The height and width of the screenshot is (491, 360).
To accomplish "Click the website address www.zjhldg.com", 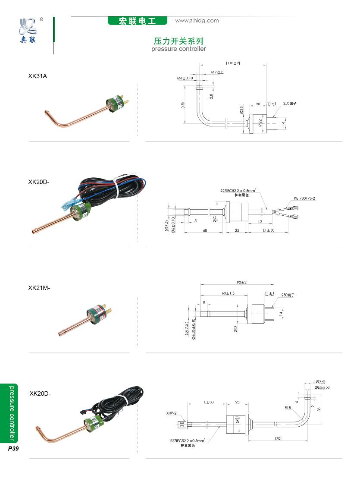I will click(x=197, y=21).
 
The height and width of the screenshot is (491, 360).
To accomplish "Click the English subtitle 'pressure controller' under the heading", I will click(x=178, y=49).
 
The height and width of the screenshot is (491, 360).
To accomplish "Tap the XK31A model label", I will click(x=38, y=76).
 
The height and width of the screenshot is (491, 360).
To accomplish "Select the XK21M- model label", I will click(x=39, y=287).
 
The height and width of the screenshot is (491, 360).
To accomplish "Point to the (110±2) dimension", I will click(x=233, y=63).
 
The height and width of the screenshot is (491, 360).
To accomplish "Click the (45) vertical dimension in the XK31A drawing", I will click(x=183, y=105).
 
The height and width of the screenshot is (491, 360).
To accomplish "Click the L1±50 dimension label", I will click(x=269, y=231).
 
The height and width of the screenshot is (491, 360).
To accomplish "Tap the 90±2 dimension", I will click(x=241, y=283).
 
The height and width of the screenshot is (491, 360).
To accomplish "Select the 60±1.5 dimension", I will click(x=228, y=293).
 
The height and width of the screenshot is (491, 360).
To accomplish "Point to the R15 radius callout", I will click(x=288, y=408).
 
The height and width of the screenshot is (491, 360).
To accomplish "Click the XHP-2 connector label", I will click(x=171, y=413).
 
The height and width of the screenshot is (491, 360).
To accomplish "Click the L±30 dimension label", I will click(x=209, y=403).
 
